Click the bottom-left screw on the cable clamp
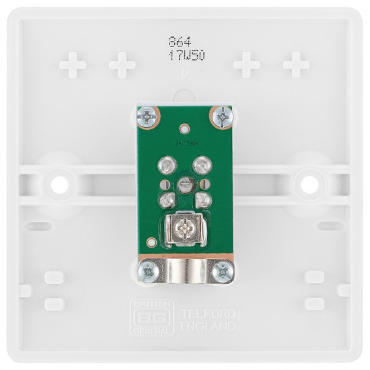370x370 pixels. pyautogui.click(x=148, y=272)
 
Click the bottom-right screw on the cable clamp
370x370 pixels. pyautogui.click(x=221, y=272)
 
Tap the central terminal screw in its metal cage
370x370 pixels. pyautogui.click(x=185, y=229)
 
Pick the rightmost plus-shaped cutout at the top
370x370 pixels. pyautogui.click(x=296, y=65)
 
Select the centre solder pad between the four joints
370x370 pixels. pyautogui.click(x=185, y=182)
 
